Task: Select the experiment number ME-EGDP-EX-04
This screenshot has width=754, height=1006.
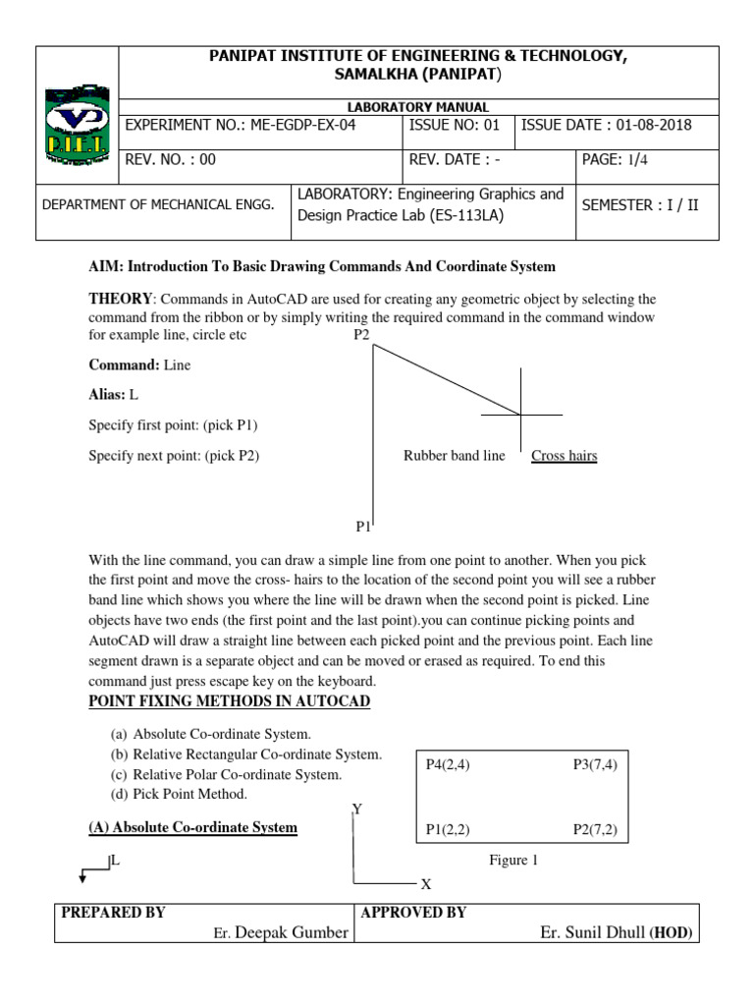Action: coord(260,126)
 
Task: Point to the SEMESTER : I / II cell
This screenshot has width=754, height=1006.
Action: coord(640,205)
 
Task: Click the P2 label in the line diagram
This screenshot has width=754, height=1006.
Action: coord(361,335)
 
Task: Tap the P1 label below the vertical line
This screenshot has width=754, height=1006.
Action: coord(363,527)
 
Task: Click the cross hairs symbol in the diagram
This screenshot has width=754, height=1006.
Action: coord(520,415)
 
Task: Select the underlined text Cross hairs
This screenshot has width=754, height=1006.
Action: coord(564,456)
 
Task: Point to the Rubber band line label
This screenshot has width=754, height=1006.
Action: coord(454,456)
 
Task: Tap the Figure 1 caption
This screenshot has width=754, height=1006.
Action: coord(513,861)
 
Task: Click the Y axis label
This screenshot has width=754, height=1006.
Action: coord(357,809)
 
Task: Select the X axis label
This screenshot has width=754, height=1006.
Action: coord(426,884)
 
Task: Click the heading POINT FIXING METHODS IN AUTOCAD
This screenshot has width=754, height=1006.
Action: coord(230,700)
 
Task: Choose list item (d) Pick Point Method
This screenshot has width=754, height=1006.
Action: coord(179,794)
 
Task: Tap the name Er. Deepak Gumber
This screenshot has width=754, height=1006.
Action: coord(280,932)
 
